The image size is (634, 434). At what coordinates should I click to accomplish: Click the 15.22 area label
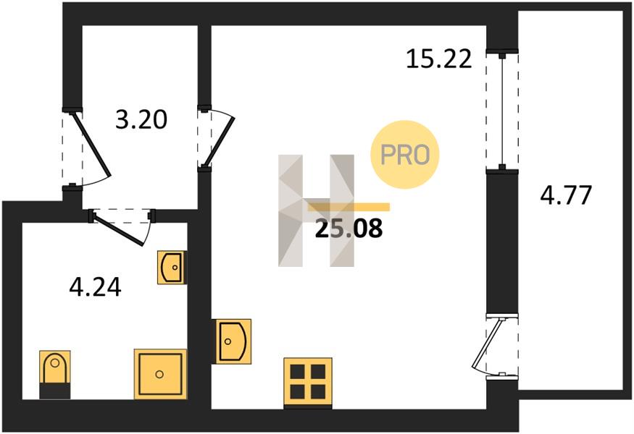(x=438, y=59)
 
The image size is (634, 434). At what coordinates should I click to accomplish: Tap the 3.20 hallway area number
(x=141, y=120)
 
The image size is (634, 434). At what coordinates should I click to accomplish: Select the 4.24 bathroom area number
(x=96, y=287)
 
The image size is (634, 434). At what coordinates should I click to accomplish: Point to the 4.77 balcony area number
(x=566, y=195)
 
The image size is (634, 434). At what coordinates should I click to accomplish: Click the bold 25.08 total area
(x=349, y=228)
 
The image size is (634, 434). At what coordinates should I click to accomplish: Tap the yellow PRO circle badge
(x=405, y=154)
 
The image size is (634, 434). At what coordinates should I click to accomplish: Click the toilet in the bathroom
(x=55, y=375)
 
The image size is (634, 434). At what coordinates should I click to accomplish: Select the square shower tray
(x=161, y=374)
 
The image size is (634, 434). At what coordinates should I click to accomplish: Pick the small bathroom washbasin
(x=172, y=267)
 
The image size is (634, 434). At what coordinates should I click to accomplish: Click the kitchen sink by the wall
(x=233, y=341)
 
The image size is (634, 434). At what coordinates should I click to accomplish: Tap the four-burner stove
(x=308, y=383)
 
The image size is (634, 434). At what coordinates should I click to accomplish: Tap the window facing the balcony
(x=502, y=111)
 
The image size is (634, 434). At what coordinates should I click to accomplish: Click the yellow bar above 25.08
(x=349, y=207)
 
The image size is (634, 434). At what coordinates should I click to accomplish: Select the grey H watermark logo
(x=316, y=210)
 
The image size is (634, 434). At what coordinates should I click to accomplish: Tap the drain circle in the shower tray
(x=159, y=374)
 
